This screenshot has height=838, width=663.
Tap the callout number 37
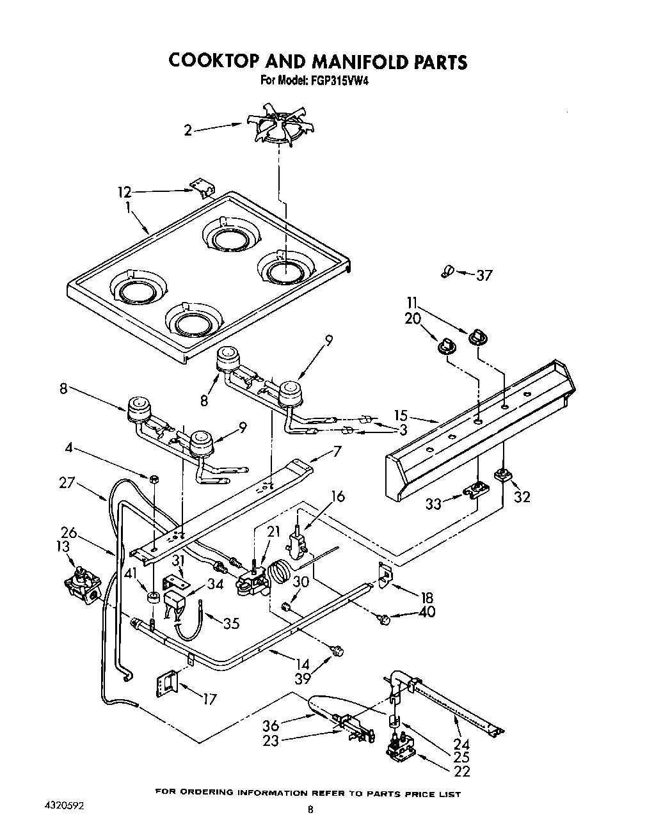484,275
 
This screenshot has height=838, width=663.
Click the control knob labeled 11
476,337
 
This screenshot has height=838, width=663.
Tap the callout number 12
124,191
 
